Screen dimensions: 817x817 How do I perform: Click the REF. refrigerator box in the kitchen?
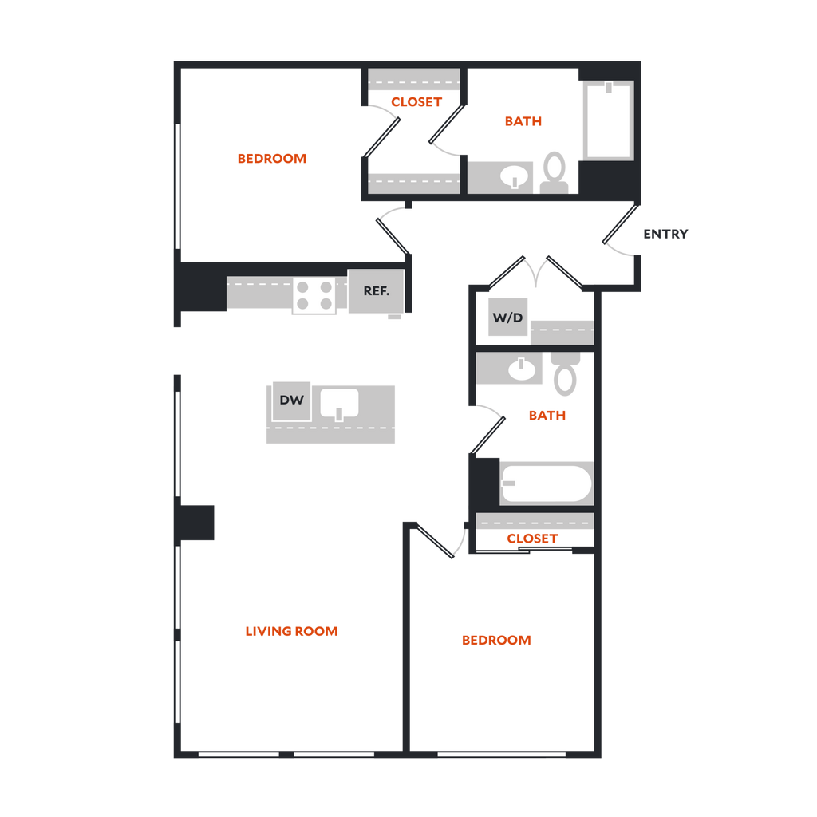tap(376, 291)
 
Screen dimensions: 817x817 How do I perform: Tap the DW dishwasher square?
tap(292, 401)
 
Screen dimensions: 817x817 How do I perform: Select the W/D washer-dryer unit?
tap(507, 318)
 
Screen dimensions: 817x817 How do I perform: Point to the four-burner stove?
tap(314, 294)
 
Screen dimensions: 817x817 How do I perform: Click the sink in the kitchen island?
tap(340, 403)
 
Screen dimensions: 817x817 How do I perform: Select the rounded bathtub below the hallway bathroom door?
tap(547, 483)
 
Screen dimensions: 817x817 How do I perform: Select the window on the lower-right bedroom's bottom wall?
tap(502, 753)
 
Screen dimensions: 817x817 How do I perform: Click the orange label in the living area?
tap(292, 632)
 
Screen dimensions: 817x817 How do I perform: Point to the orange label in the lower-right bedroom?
tap(496, 641)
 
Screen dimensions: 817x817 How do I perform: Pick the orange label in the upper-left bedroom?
tap(272, 159)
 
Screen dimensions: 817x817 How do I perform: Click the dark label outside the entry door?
tap(665, 235)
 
